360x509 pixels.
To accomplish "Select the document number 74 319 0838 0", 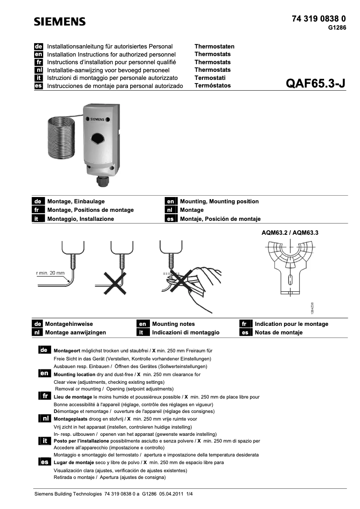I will [x=319, y=19].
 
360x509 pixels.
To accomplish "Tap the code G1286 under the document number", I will [x=337, y=27].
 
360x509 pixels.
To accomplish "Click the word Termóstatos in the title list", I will [x=212, y=86].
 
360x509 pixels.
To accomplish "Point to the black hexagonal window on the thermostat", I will [x=98, y=137].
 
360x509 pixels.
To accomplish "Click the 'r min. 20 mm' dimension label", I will [x=50, y=273].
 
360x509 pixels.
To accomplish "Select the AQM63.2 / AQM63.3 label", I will [x=293, y=233].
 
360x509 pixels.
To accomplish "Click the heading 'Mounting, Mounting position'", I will [x=219, y=202].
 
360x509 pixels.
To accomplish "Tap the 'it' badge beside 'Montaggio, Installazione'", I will [x=39, y=219].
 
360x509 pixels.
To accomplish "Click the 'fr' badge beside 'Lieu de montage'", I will [x=44, y=396].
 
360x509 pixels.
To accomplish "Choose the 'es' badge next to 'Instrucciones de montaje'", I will [x=39, y=86].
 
